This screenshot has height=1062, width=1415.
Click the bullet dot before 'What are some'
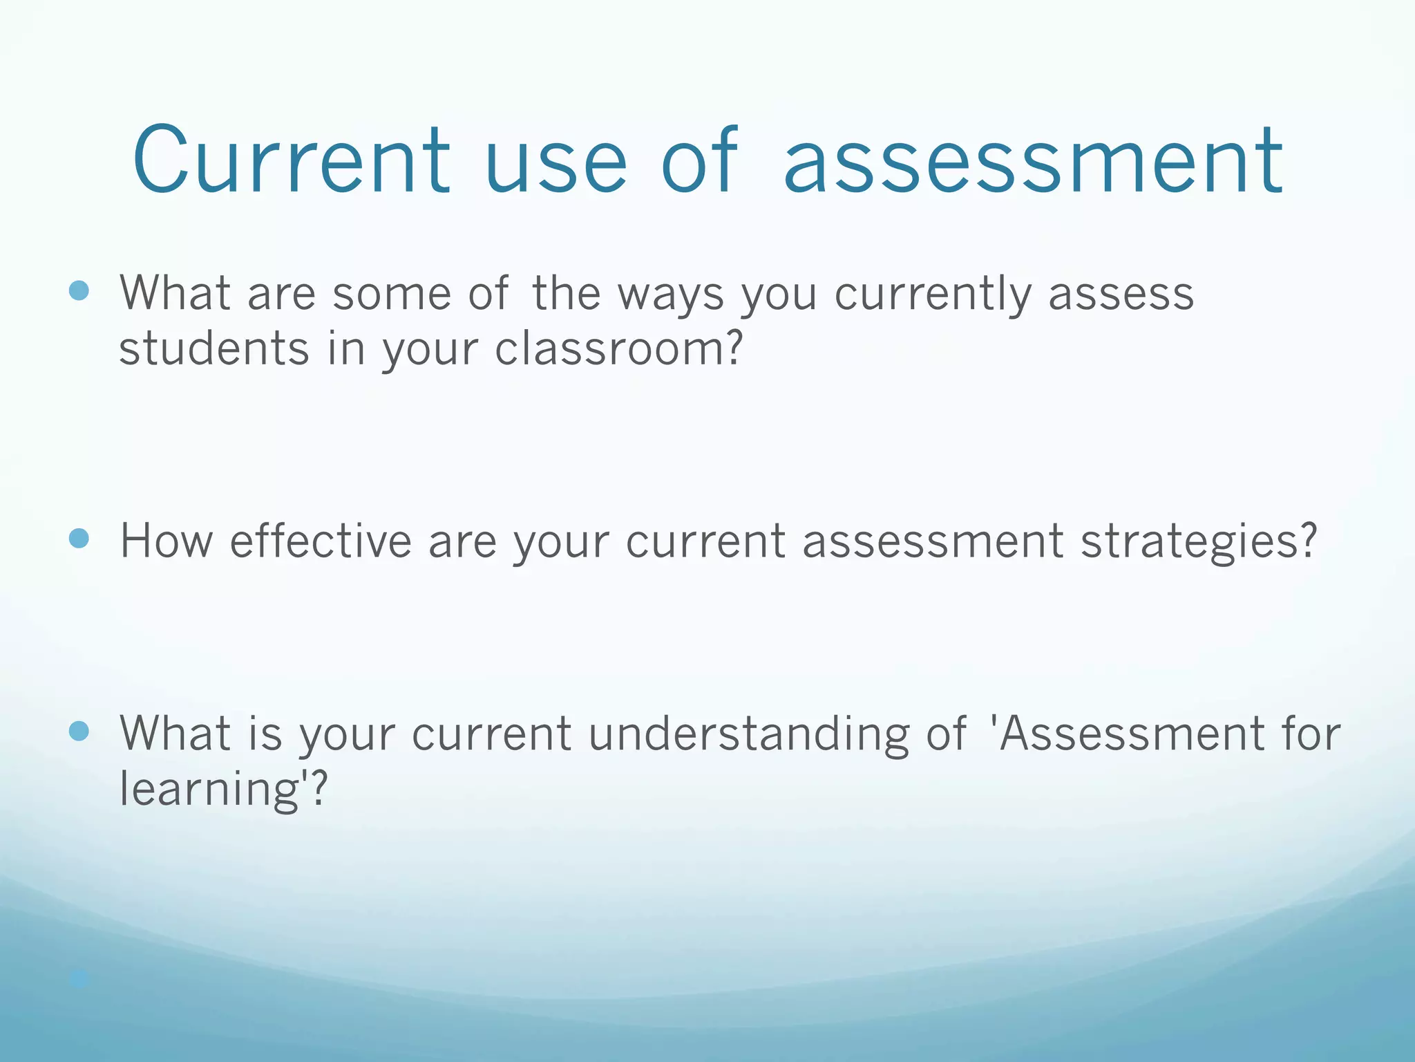click(79, 290)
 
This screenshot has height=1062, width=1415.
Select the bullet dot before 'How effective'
click(79, 539)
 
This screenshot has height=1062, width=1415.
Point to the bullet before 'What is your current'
click(79, 731)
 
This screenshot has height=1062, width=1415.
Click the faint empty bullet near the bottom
click(79, 978)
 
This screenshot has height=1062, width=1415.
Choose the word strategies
click(1199, 541)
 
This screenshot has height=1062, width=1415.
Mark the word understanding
click(749, 733)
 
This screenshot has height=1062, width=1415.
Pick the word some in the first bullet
click(392, 294)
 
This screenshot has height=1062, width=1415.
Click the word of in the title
click(699, 160)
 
